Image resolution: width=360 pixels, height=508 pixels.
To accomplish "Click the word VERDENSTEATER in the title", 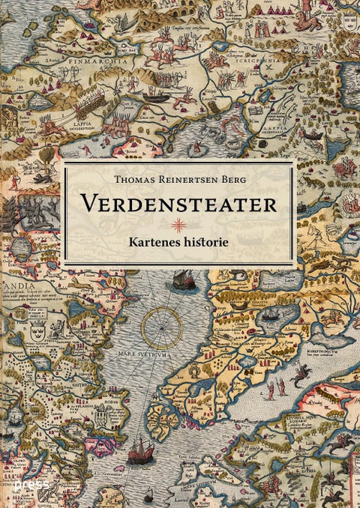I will (x=178, y=204).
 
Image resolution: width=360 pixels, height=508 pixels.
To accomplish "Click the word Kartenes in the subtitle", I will (x=151, y=243).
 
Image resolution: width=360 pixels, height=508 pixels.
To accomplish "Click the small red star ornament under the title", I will (x=178, y=225).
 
